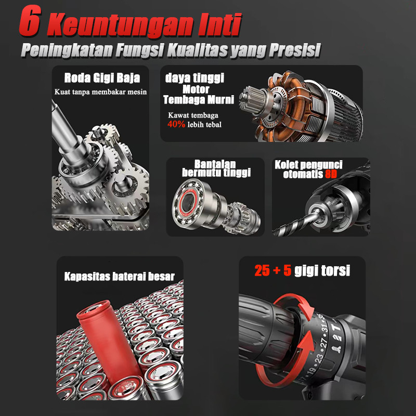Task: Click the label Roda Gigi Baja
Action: tap(102, 79)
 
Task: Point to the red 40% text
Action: tap(176, 125)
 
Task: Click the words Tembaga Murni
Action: tap(199, 99)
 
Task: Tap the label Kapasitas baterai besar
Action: tap(120, 276)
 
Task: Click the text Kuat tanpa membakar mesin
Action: tap(100, 92)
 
